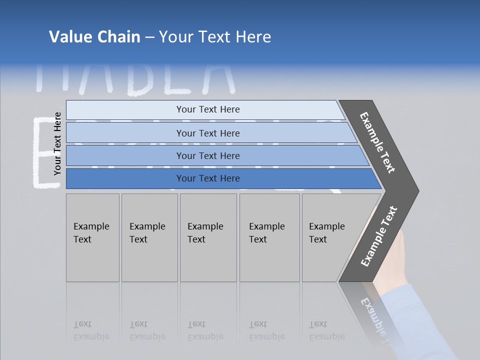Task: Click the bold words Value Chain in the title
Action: point(94,37)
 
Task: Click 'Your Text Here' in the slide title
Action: point(215,37)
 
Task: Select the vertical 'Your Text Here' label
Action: point(57,144)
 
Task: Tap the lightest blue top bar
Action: point(207,109)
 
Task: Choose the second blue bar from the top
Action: point(207,133)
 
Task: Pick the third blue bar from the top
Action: point(207,155)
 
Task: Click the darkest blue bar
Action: point(207,178)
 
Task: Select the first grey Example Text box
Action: point(92,237)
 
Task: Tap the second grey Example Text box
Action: point(149,237)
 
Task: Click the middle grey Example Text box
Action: point(208,237)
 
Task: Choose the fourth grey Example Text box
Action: point(269,237)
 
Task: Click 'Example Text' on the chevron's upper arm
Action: point(377,142)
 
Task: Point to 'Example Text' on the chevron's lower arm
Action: point(379,236)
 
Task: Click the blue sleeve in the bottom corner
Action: point(420,325)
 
